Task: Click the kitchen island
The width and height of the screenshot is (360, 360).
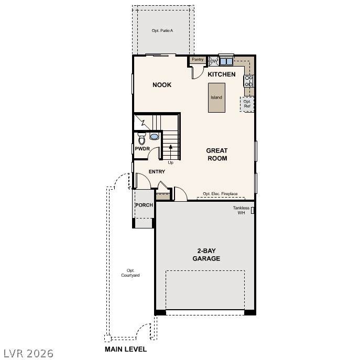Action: click(216, 98)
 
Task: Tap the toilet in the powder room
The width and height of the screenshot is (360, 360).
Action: click(141, 138)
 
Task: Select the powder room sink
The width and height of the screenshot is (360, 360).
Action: click(154, 136)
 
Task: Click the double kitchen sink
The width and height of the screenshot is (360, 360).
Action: click(226, 61)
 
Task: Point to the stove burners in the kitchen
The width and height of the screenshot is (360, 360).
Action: click(248, 81)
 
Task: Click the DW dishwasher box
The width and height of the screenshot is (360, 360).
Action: click(214, 61)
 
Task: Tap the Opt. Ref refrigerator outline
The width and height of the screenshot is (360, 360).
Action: click(247, 104)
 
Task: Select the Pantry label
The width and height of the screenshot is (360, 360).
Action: click(198, 59)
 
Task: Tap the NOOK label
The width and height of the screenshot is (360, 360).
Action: click(162, 85)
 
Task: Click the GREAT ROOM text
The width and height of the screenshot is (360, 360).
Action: click(217, 154)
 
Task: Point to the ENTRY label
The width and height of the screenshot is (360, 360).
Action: click(157, 171)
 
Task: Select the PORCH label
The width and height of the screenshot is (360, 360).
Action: click(144, 205)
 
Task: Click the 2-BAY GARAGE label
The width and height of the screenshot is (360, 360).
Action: click(206, 255)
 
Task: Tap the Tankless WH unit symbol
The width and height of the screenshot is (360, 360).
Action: click(253, 210)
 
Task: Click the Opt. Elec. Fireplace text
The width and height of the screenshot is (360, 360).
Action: click(220, 194)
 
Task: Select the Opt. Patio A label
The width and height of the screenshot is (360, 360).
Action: click(162, 30)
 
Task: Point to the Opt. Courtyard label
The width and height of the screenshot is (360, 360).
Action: click(130, 273)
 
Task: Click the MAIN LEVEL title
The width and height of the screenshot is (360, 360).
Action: click(126, 349)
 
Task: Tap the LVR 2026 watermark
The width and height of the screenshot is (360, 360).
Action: click(28, 354)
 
